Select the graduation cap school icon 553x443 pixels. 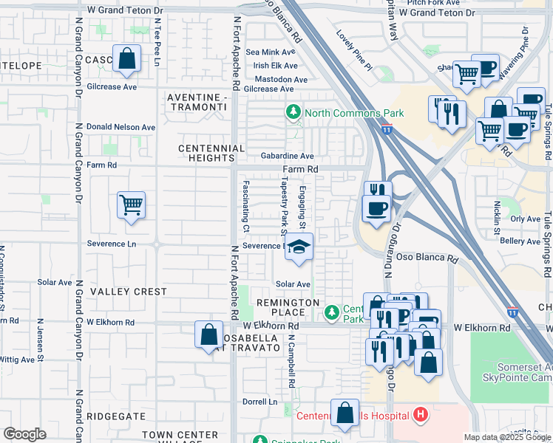pyautogui.click(x=299, y=247)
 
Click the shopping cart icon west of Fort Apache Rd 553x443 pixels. pyautogui.click(x=131, y=205)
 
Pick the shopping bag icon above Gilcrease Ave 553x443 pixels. pyautogui.click(x=127, y=58)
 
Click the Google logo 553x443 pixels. pyautogui.click(x=24, y=434)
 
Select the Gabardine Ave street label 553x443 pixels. pyautogui.click(x=288, y=157)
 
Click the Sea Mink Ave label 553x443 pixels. pyautogui.click(x=271, y=52)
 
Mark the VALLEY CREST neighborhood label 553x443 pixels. pyautogui.click(x=129, y=292)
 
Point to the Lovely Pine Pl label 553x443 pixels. pyautogui.click(x=354, y=45)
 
